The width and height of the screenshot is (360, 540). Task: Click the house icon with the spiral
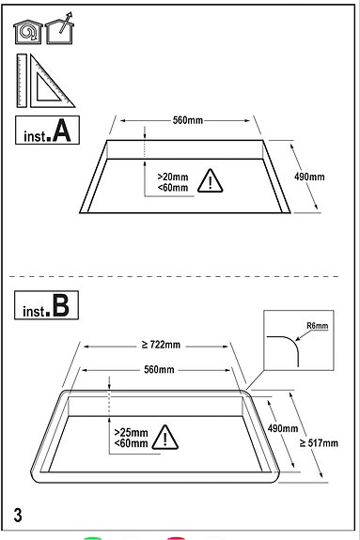pos(28,32)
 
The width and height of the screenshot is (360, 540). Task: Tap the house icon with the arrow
pos(59,29)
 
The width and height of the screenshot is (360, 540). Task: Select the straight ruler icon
pos(22,81)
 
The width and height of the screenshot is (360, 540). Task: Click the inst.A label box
pos(47,130)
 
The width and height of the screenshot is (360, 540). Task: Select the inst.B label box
pos(46,305)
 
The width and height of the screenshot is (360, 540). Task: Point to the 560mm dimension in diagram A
pos(188,120)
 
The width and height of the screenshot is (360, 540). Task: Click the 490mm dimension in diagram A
pos(309,177)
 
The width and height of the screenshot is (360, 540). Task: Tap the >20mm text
pos(173,177)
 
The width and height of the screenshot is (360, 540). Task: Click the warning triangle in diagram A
pos(210,181)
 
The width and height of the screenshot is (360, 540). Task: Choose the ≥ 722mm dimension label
pos(161,345)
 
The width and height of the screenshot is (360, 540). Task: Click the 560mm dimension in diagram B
pos(159,369)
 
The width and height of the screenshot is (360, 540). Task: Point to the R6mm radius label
pos(318,326)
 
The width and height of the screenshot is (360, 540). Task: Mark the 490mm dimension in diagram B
pos(283,428)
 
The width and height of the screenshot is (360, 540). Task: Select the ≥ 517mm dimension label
pos(319,443)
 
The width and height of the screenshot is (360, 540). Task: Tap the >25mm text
pos(131,433)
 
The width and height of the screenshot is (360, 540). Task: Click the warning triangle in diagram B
pos(165,438)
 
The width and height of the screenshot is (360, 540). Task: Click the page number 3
pos(18,515)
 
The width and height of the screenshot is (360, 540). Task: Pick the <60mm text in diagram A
pos(173,188)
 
